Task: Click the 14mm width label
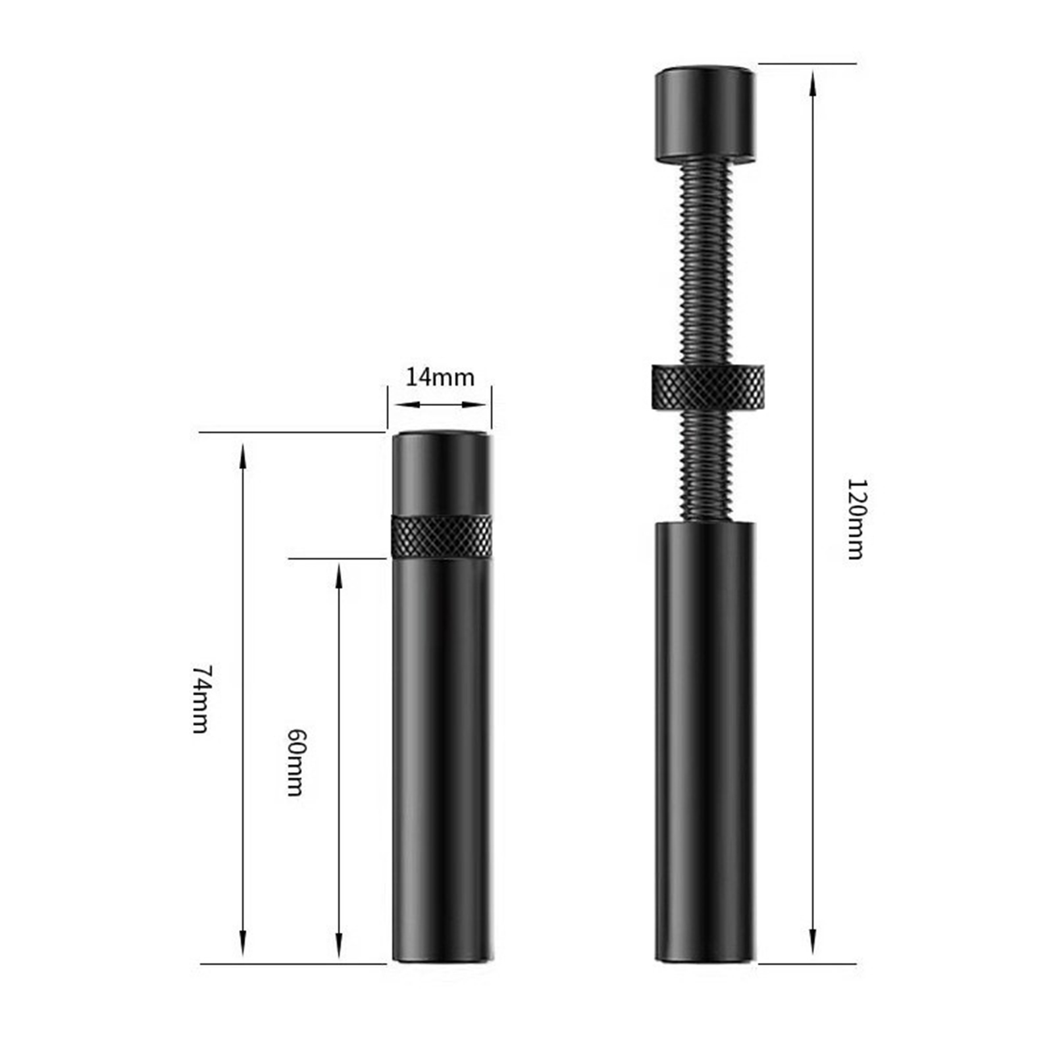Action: [439, 377]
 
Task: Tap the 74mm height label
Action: [201, 699]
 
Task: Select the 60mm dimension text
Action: [296, 762]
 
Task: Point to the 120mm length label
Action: [855, 519]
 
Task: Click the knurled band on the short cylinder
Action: [442, 536]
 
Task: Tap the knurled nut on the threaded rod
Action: [707, 386]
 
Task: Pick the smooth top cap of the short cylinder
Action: [442, 472]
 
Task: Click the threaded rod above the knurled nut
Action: [705, 263]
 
